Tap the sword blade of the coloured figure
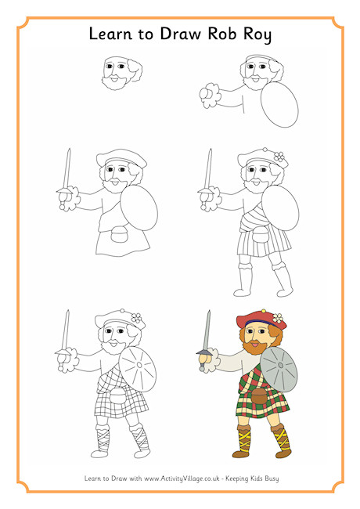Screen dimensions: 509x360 pyautogui.click(x=207, y=330)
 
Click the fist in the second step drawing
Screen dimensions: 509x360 pyautogui.click(x=207, y=96)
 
